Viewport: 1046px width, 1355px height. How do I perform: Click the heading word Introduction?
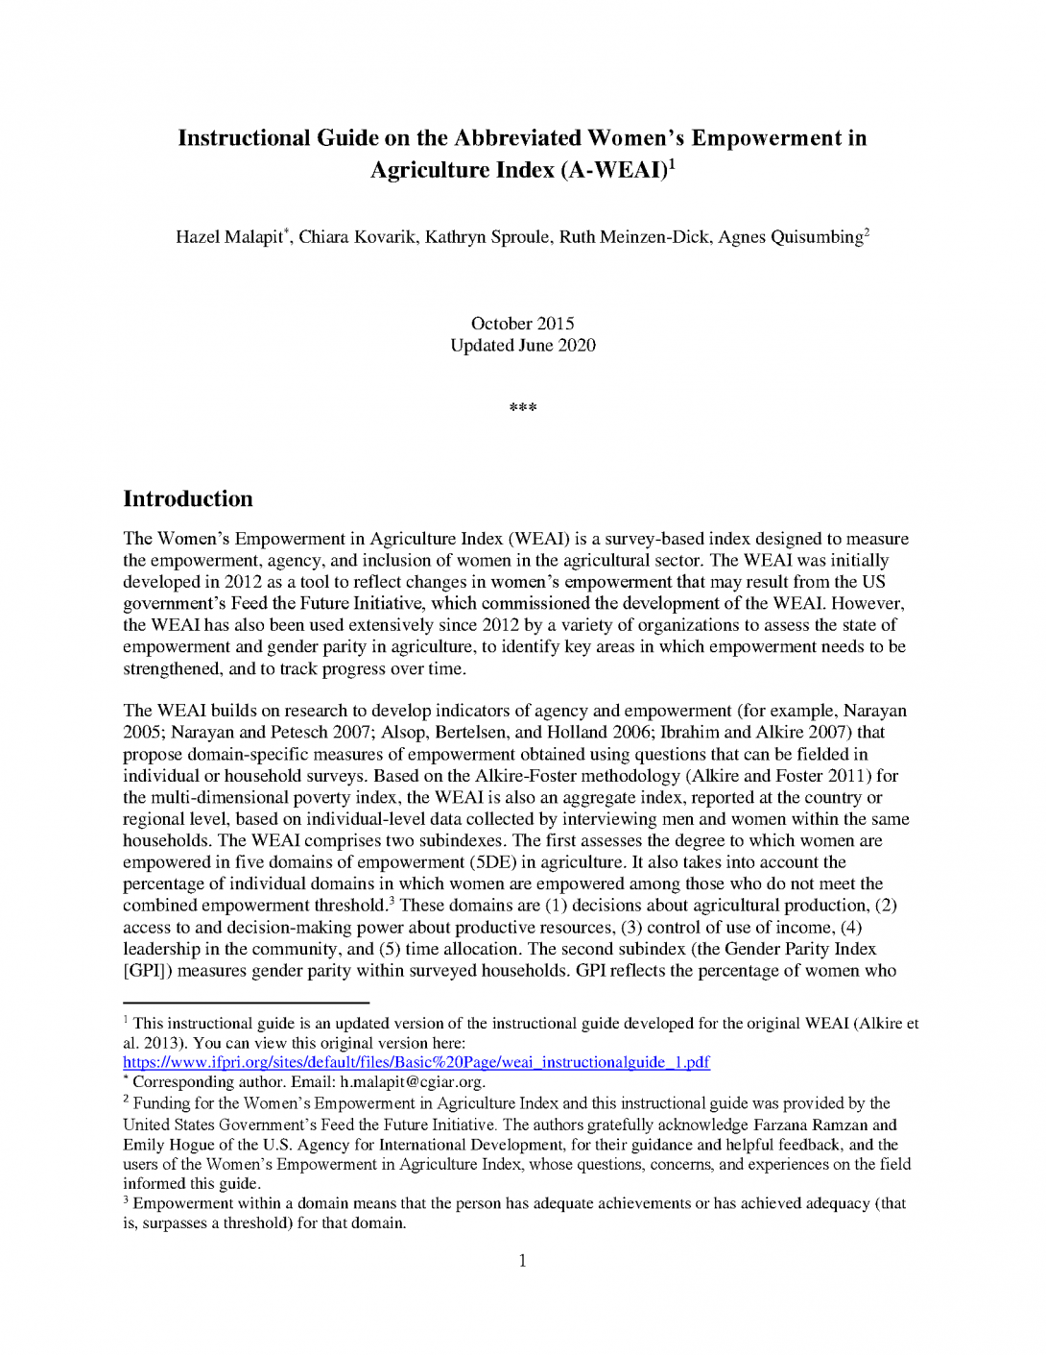click(188, 498)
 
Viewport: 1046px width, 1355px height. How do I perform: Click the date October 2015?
click(522, 324)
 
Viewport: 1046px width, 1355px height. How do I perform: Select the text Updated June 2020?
click(523, 346)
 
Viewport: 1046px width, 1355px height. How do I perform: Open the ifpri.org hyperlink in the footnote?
click(416, 1062)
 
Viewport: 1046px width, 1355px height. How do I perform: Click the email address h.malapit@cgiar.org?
click(412, 1082)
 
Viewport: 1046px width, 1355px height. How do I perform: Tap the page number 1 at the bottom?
click(523, 1261)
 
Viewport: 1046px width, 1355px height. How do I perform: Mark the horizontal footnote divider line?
click(246, 1003)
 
